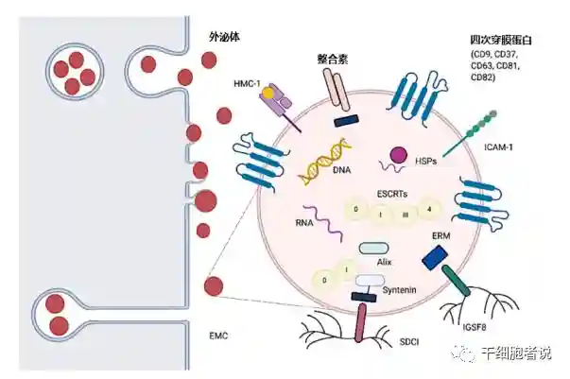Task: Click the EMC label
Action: [x=218, y=336]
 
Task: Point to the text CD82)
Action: [x=487, y=76]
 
